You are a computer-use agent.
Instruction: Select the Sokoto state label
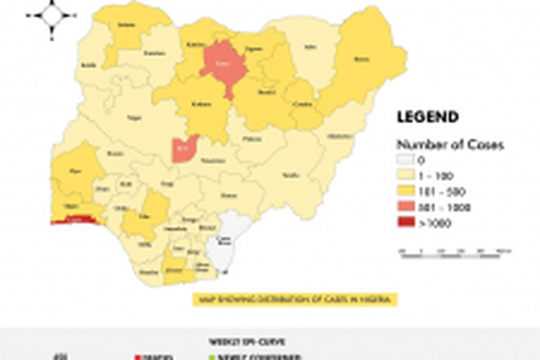tap(123, 25)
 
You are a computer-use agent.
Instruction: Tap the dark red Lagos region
tap(73, 220)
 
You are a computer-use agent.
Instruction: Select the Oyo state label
tap(76, 171)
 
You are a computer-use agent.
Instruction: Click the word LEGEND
tap(427, 117)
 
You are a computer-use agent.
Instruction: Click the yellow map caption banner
tap(293, 299)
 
